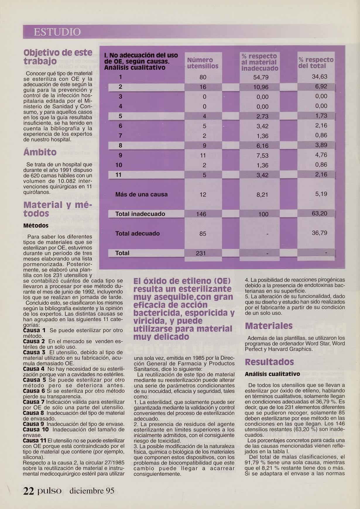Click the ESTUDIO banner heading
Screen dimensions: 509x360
click(x=57, y=32)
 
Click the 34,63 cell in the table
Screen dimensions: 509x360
click(x=319, y=77)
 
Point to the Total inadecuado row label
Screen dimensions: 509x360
click(x=140, y=214)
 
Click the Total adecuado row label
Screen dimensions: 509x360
click(x=138, y=233)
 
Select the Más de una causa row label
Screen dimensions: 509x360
click(x=141, y=194)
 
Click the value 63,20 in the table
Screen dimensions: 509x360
click(x=319, y=214)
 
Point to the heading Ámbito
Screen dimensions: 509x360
click(x=40, y=152)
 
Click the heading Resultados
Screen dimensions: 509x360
click(x=269, y=362)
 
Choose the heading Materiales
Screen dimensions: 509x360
click(x=269, y=326)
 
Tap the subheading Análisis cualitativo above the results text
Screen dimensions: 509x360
click(x=272, y=374)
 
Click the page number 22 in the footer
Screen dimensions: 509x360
click(x=29, y=491)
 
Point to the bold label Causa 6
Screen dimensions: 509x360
click(x=34, y=391)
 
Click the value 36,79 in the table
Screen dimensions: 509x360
click(x=319, y=233)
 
